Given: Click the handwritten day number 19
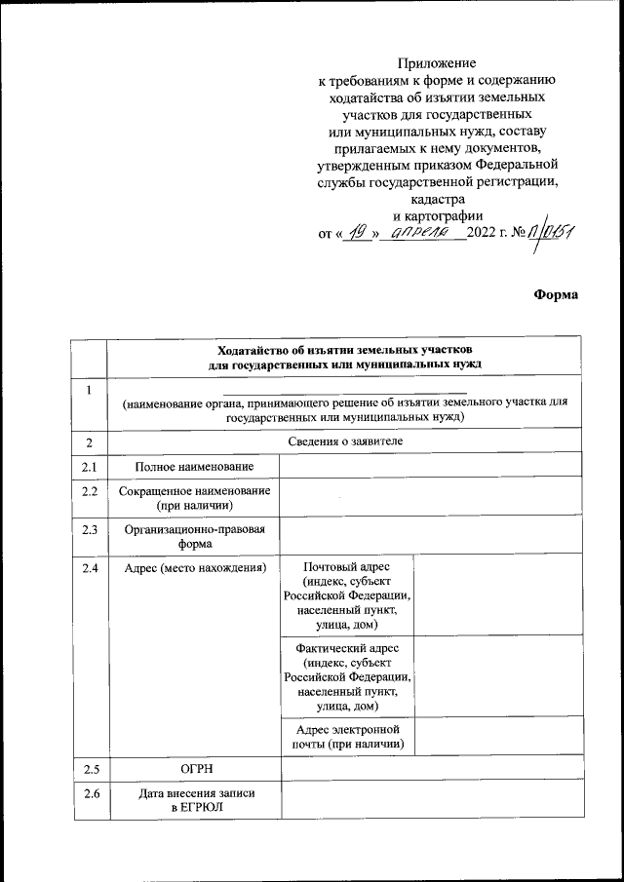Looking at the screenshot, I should tap(360, 232).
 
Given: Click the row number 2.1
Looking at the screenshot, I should tap(91, 468).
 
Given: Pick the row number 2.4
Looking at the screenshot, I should tap(91, 567).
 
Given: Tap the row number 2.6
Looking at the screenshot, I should tap(91, 793).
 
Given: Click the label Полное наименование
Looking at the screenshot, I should tap(193, 468).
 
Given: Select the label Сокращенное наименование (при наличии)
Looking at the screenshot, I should tap(193, 499).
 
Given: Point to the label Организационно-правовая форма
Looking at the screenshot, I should tap(193, 537).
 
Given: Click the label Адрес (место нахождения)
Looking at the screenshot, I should tap(193, 567).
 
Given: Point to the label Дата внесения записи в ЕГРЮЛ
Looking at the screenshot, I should tap(193, 801).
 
